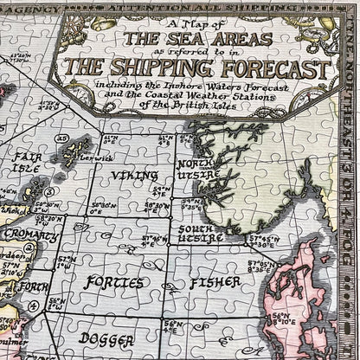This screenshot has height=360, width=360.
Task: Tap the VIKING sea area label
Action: pos(134,175)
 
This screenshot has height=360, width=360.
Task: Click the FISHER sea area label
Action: pos(209,282)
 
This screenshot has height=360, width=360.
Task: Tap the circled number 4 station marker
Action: pos(34,306)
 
